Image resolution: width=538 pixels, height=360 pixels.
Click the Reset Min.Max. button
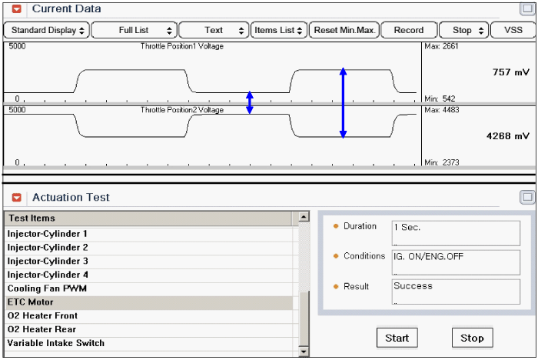tap(344, 30)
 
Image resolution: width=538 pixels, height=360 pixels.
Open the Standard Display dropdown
tap(47, 30)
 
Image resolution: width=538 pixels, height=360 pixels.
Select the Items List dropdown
tap(278, 30)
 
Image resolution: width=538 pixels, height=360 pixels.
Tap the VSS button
tap(513, 30)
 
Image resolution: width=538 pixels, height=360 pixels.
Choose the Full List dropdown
tap(134, 30)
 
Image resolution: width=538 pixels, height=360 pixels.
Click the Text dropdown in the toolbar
tap(214, 30)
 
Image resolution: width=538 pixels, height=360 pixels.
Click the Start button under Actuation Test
tap(397, 338)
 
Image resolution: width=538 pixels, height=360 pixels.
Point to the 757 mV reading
tap(511, 72)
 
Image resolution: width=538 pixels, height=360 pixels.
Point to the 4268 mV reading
tap(508, 136)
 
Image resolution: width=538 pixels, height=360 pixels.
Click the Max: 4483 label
tap(442, 110)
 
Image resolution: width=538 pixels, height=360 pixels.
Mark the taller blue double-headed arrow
tap(343, 103)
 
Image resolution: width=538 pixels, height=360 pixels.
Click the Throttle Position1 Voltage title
tap(182, 46)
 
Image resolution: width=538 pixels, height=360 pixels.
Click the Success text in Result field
tap(413, 286)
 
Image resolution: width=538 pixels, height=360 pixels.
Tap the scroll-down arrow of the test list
tap(304, 352)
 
